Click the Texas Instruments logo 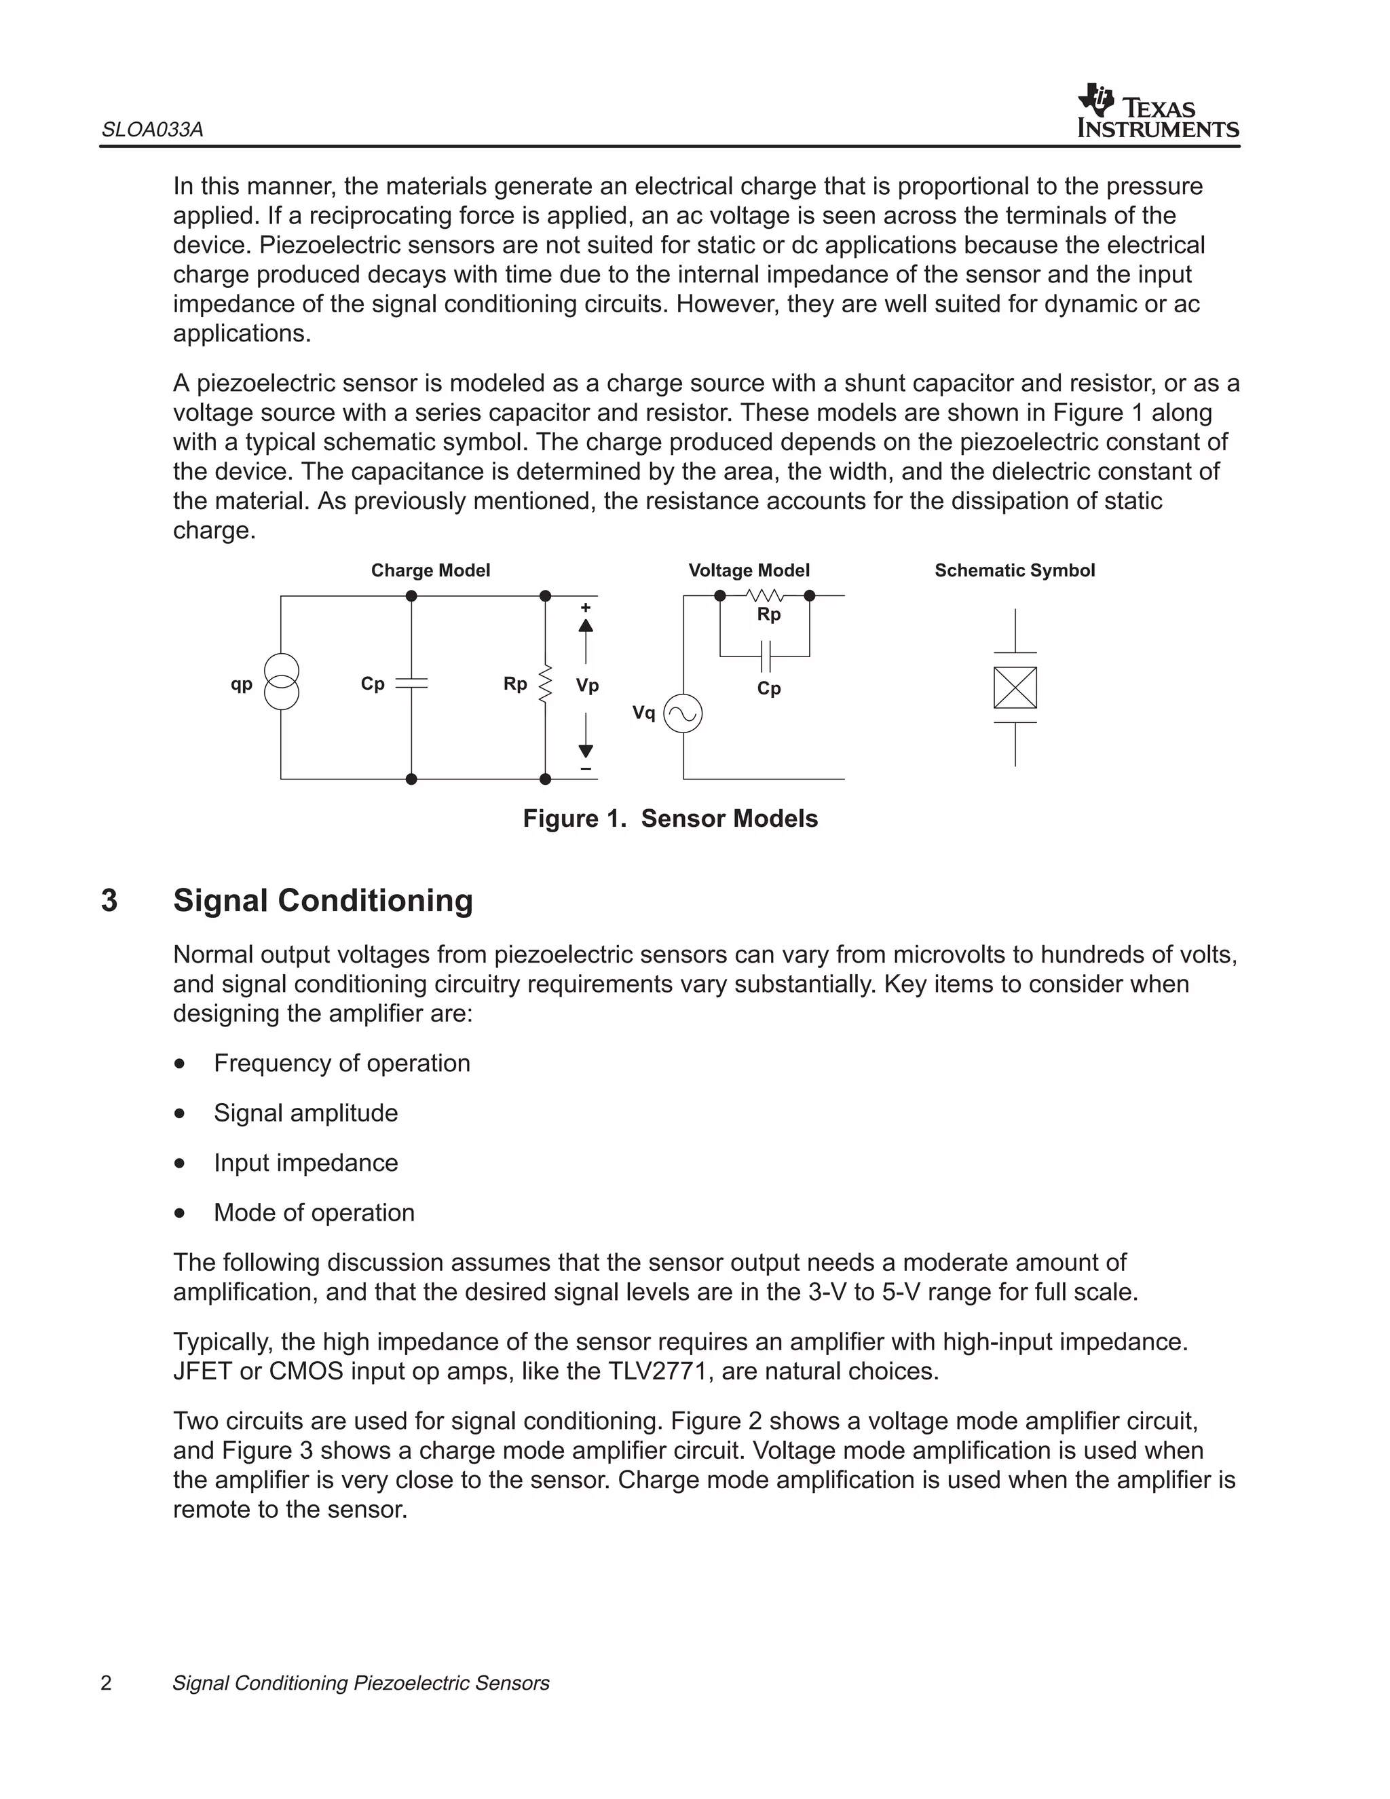tap(1157, 111)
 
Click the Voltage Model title tap(749, 570)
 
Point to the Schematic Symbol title tap(1015, 570)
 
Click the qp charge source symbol tap(282, 682)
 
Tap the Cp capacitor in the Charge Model tap(412, 684)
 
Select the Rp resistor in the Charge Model tap(545, 684)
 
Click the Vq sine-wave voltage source tap(683, 713)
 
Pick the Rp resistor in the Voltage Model tap(764, 595)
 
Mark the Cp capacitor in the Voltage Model tap(766, 656)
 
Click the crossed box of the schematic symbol tap(1015, 687)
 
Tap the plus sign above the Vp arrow tap(586, 608)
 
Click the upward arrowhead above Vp tap(586, 625)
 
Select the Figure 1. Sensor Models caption tap(671, 818)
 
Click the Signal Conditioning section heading tap(323, 900)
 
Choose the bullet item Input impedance tap(305, 1162)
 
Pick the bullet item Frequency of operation tap(342, 1062)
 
